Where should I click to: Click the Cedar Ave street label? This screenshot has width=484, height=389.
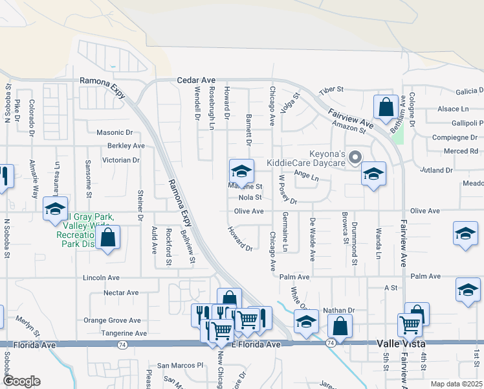(196, 80)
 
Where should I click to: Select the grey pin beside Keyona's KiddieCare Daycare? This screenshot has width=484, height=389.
(355, 157)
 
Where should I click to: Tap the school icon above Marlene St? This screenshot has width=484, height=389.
(241, 171)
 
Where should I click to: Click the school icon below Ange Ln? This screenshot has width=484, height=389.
(373, 174)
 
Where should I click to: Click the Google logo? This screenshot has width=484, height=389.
(22, 381)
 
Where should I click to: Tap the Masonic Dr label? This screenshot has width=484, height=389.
(115, 132)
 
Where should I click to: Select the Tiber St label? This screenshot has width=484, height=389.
(330, 90)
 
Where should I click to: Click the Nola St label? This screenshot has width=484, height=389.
(250, 197)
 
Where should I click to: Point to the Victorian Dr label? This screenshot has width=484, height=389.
(121, 159)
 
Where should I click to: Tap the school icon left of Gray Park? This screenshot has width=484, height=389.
(55, 208)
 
